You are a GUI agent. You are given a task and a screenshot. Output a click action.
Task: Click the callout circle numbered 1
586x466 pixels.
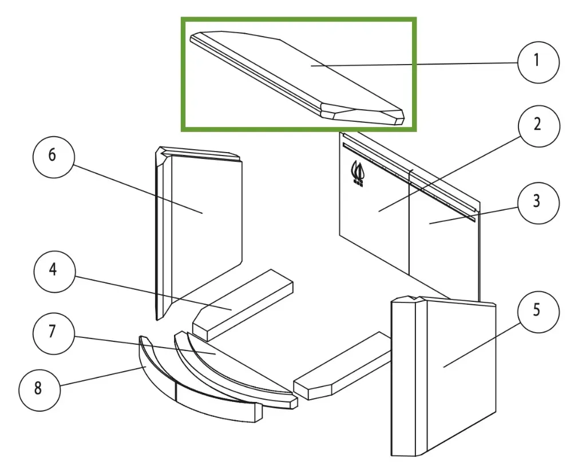(x=538, y=62)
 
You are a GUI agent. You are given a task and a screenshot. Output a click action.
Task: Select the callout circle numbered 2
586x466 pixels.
(x=539, y=126)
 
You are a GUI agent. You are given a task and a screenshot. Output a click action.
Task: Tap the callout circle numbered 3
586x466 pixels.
(x=538, y=203)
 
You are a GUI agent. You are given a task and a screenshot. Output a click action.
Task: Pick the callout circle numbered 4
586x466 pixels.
(x=54, y=272)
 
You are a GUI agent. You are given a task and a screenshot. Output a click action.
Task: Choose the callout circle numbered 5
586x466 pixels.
(x=538, y=312)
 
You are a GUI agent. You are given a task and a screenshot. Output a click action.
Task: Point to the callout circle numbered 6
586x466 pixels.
(x=54, y=157)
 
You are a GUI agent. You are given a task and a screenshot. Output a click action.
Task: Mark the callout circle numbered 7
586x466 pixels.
(x=54, y=333)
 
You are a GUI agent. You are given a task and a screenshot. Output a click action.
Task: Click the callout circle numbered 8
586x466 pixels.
(x=39, y=390)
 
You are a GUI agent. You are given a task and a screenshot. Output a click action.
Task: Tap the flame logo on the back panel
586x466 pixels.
(x=357, y=174)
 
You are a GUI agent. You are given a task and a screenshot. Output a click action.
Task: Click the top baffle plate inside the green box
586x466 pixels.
(x=297, y=78)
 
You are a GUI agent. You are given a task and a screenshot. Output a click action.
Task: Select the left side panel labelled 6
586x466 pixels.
(x=199, y=233)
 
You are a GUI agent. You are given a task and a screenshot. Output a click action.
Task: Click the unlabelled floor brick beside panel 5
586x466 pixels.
(x=342, y=366)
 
